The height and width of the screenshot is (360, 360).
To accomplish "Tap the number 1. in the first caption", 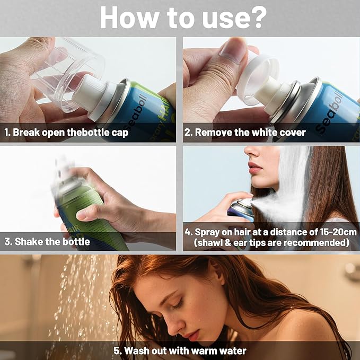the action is tap(7, 132).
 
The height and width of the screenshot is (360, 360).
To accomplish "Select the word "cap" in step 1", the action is tap(120, 133).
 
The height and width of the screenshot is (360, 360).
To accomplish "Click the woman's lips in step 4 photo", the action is tap(255, 168).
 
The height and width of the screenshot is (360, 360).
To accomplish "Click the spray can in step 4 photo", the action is tap(241, 210).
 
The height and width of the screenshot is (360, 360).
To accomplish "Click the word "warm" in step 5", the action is tap(204, 351).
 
